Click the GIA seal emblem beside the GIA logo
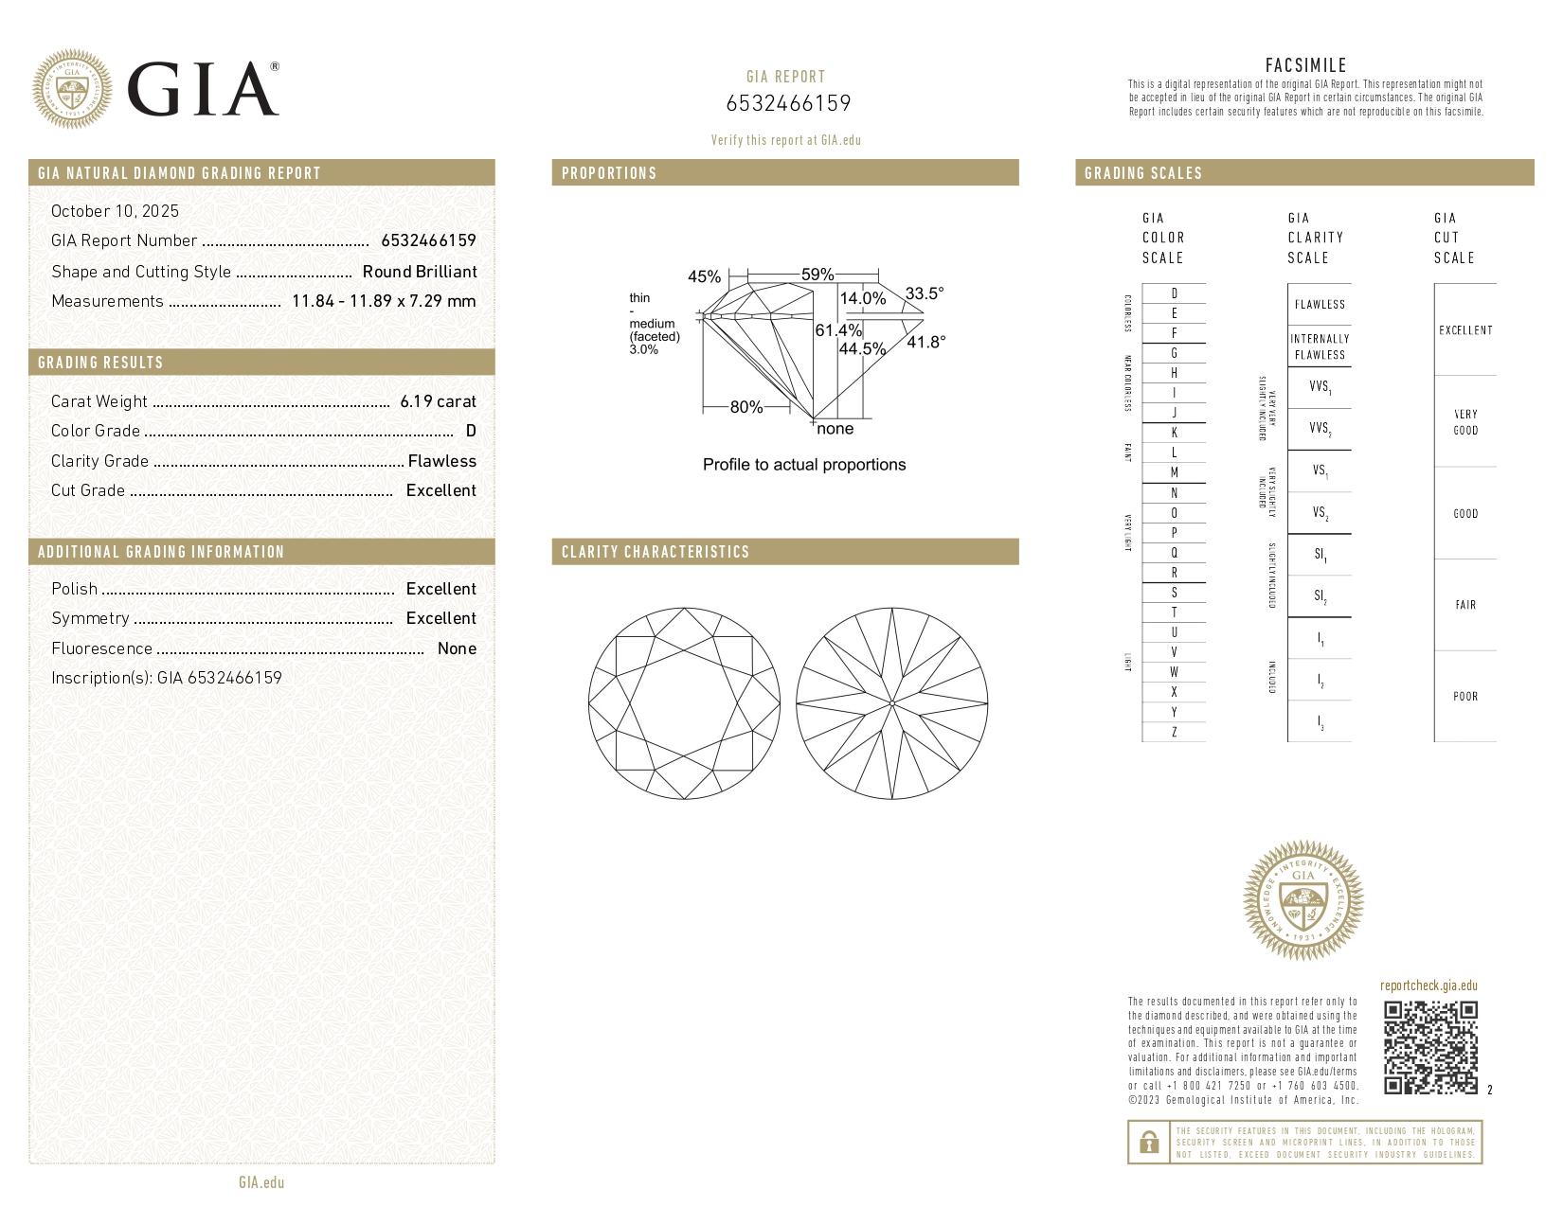(x=71, y=89)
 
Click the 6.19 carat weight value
(x=438, y=401)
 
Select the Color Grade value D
(x=471, y=431)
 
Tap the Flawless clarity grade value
(x=441, y=461)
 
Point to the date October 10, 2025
(x=115, y=211)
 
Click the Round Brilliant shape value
(x=420, y=272)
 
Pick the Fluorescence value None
(x=457, y=648)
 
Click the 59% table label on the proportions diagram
(x=817, y=275)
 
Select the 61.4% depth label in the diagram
(x=838, y=330)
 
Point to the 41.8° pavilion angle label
(x=925, y=342)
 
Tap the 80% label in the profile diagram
(x=746, y=407)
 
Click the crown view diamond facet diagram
(x=684, y=702)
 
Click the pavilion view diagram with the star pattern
(x=892, y=702)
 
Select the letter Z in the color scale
(x=1174, y=732)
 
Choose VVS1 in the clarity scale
(x=1320, y=387)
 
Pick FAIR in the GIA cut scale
(x=1464, y=605)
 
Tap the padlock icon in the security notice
(x=1148, y=1143)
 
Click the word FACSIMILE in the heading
(x=1305, y=65)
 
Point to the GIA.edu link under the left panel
(x=261, y=1182)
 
